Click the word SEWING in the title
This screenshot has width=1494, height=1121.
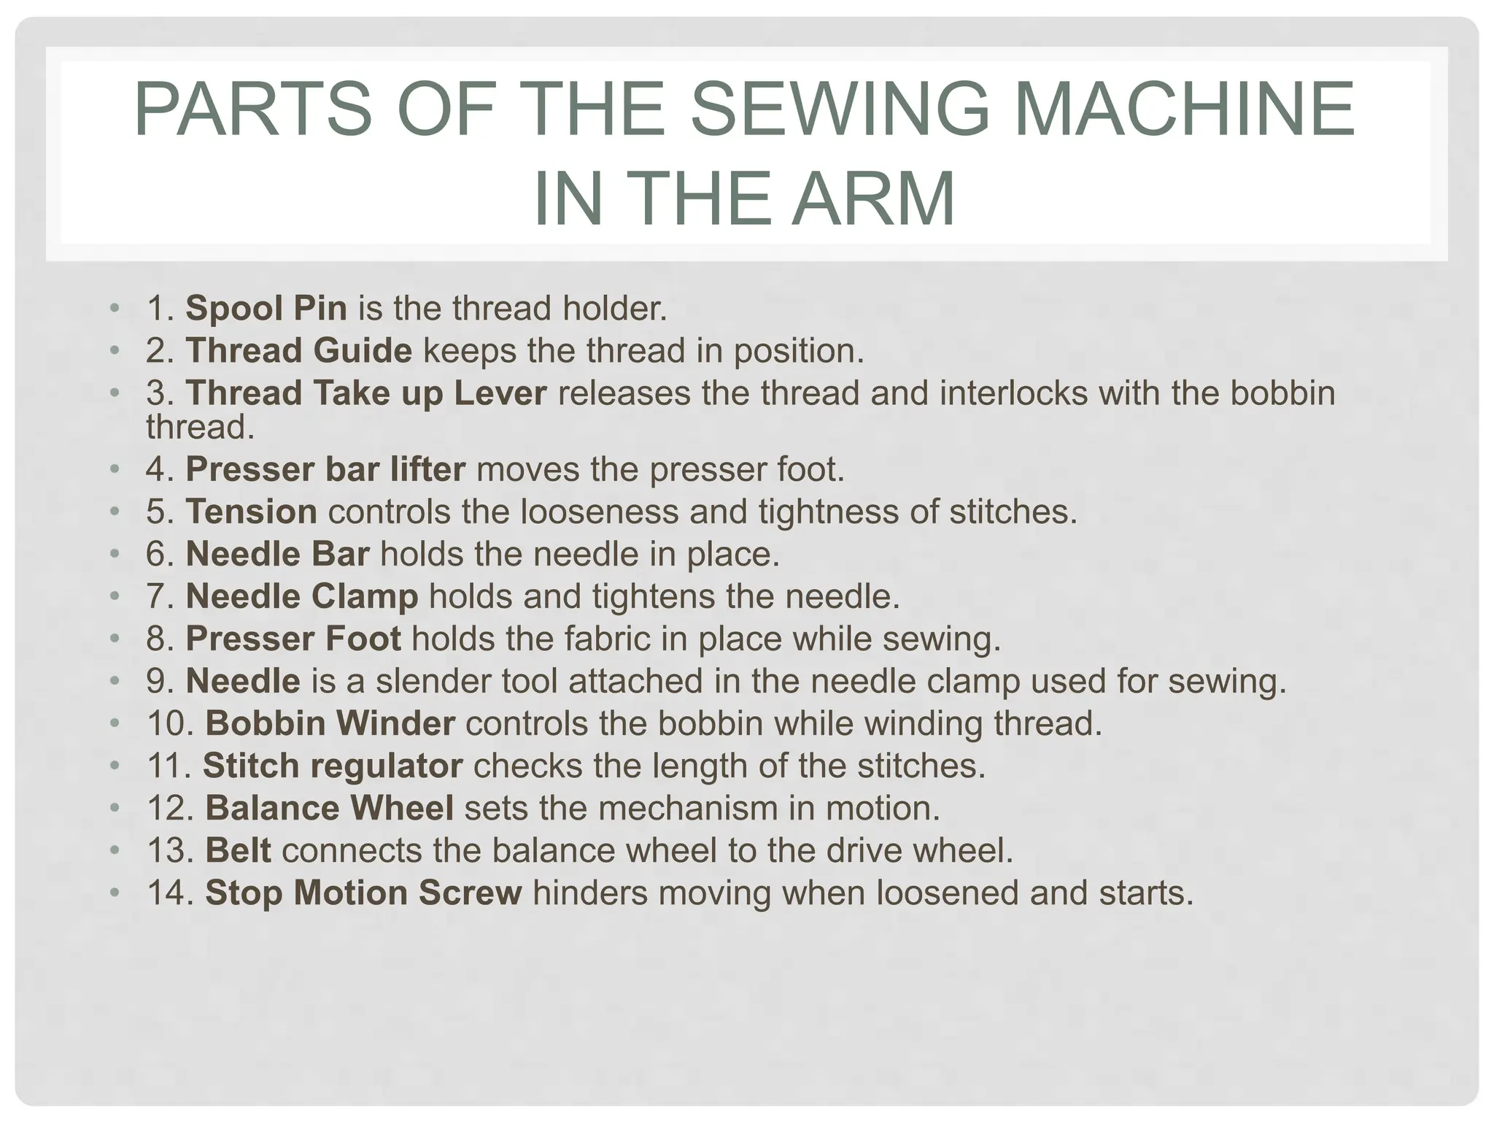(x=840, y=109)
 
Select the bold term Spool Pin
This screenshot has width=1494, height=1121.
(x=266, y=308)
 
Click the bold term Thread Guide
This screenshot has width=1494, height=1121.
(x=299, y=350)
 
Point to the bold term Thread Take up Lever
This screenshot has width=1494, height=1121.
(x=366, y=393)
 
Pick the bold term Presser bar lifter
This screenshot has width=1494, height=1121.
(x=325, y=469)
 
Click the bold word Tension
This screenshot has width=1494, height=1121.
(x=252, y=511)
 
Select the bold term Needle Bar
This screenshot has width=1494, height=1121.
(x=278, y=554)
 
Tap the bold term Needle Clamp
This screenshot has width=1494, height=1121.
(x=302, y=596)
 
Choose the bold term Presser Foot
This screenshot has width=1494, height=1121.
(x=293, y=639)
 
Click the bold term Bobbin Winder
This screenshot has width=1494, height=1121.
(x=330, y=723)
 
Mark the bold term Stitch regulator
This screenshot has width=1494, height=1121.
(x=333, y=766)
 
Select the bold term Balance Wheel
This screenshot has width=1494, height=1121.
(x=330, y=808)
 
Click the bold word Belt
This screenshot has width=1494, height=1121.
(x=239, y=850)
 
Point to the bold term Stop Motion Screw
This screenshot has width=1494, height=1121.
(x=364, y=893)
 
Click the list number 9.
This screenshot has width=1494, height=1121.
(x=160, y=681)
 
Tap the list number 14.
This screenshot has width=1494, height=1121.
(x=169, y=893)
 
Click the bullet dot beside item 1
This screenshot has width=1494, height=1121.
(x=114, y=307)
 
